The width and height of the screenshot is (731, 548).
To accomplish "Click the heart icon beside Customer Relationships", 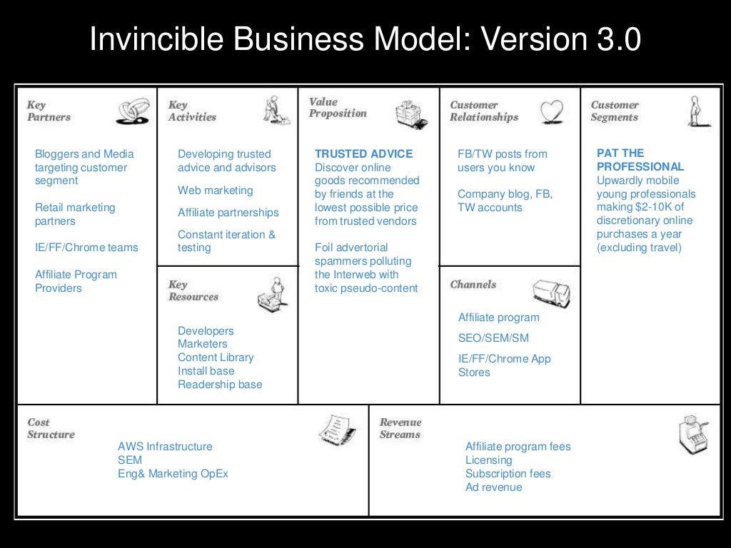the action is pos(551,111).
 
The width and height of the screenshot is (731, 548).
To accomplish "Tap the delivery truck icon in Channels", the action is pos(551,292).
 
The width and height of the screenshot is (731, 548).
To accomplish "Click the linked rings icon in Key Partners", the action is pos(132,111).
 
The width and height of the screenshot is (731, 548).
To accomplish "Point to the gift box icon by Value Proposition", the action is pos(412,113).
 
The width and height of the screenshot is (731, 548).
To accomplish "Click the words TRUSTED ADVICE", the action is pos(363,153).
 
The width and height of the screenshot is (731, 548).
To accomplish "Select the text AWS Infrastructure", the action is pos(165,447).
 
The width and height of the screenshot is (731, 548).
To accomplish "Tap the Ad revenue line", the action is pos(493,487).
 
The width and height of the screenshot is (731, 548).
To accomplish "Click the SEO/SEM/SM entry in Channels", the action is pos(493,338).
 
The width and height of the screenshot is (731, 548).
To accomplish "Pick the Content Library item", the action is pos(216,357).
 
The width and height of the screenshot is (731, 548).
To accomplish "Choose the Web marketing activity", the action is pos(215,191).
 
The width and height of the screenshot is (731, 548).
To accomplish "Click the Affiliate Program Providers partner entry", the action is pos(76,281).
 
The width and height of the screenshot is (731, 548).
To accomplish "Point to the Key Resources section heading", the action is pos(193,290).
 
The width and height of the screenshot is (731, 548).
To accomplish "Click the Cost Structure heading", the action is pos(50,428).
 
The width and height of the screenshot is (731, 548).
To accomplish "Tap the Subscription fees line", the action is pos(508,474).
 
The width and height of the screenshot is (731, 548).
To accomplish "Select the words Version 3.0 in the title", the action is pos(561,40).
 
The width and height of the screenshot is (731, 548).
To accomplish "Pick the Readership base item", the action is pos(220,385).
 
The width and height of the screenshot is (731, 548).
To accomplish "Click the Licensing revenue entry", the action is pos(488,460).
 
